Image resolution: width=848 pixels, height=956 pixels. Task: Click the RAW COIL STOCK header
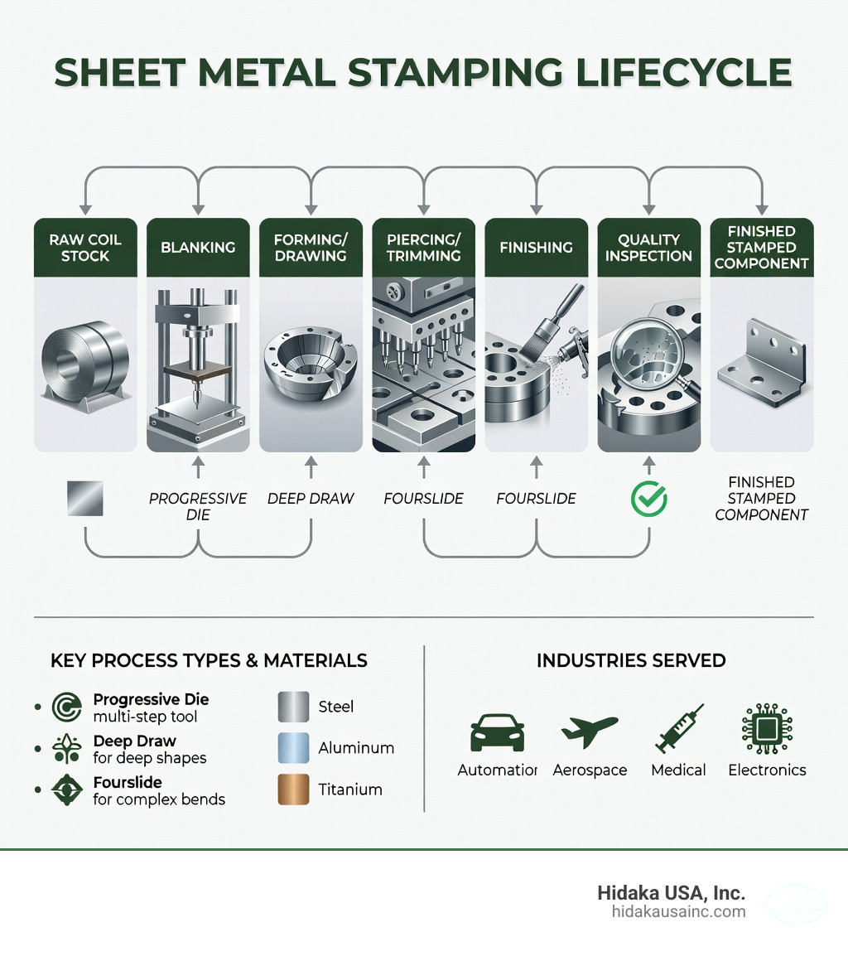(85, 248)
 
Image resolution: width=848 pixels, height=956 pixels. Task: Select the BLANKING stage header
(198, 247)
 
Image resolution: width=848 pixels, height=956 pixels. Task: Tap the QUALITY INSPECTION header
(648, 248)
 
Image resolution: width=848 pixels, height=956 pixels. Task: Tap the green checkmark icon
(648, 498)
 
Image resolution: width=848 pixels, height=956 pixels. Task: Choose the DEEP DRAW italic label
(311, 499)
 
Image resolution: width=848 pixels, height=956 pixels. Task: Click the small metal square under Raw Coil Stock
(85, 498)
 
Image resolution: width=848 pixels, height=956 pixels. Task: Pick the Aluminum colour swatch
(293, 748)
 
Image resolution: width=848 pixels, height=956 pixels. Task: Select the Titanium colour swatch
(293, 789)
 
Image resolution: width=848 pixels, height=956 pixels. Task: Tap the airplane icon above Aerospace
(589, 730)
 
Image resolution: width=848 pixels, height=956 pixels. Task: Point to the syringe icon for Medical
(678, 729)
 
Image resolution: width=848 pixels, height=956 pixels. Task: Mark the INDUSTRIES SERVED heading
(631, 661)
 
